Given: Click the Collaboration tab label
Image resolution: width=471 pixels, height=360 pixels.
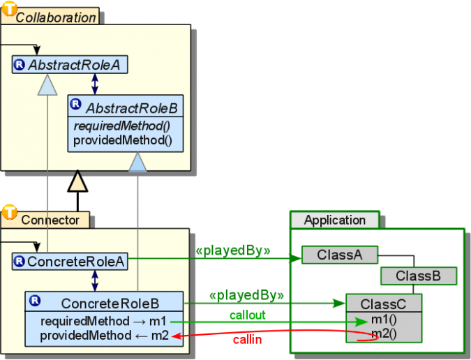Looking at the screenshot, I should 56,17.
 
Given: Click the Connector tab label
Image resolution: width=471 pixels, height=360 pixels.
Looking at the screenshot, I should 50,220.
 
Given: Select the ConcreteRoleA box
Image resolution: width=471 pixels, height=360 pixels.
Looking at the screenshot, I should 69,262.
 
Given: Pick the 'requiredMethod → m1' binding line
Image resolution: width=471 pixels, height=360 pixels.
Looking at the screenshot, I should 104,321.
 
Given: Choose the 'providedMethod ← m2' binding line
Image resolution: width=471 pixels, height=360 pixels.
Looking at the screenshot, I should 104,336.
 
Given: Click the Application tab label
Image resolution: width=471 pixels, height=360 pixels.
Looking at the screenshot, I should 334,220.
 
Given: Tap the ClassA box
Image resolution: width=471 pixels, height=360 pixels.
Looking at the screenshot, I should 339,255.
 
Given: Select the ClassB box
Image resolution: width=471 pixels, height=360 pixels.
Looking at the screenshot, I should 418,276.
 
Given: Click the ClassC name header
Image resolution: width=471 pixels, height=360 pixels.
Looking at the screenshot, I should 384,304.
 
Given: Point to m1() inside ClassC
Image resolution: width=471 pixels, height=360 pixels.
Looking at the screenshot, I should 384,320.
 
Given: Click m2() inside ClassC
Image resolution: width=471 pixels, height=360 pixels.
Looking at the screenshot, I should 384,333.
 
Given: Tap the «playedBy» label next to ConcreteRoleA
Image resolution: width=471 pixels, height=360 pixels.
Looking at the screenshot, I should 233,249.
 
